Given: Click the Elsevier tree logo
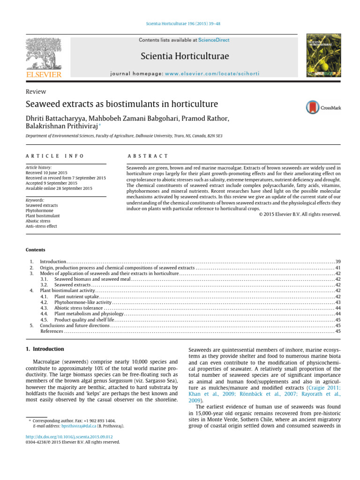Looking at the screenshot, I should [44, 53].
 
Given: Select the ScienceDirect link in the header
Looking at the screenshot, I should [214, 40].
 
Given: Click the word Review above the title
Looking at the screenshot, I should [36, 92].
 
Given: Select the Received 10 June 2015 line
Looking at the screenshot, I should [47, 173].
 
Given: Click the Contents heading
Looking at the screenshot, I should [35, 250].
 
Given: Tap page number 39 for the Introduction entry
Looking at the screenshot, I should [337, 261].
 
